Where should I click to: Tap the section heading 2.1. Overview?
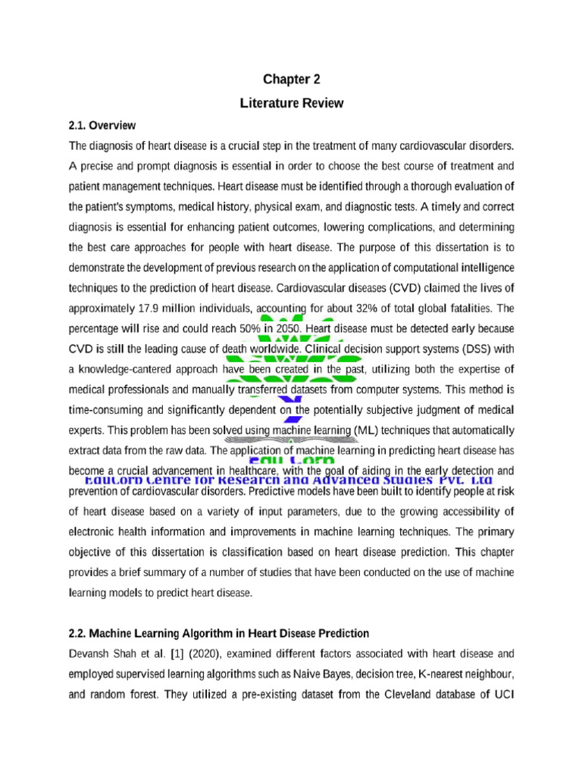point(102,125)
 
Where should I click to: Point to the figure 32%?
point(365,309)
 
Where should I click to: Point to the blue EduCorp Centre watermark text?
point(288,480)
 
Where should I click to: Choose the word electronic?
point(95,531)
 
